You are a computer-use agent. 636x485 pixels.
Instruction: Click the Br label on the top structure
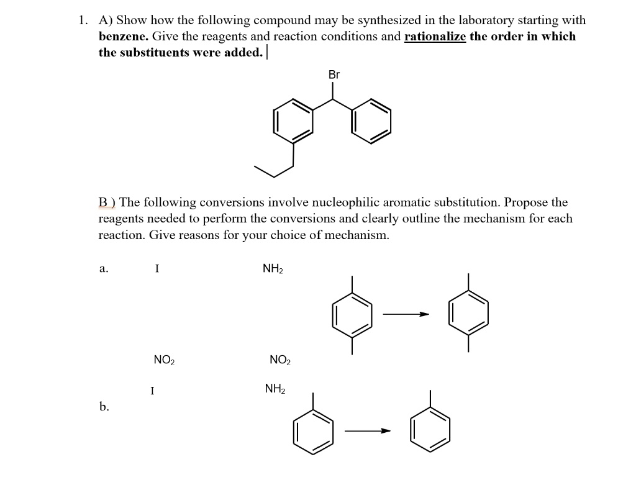334,75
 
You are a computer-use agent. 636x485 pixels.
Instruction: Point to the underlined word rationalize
435,36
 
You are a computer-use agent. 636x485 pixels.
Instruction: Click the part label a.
104,269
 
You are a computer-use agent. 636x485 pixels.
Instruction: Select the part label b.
104,407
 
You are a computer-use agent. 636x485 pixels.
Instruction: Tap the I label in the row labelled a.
157,269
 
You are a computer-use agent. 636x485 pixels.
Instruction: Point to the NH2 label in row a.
273,269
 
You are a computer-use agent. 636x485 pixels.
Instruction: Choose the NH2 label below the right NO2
275,389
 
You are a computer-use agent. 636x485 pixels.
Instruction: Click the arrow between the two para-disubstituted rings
406,314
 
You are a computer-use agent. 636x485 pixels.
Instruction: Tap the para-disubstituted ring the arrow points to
469,314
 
